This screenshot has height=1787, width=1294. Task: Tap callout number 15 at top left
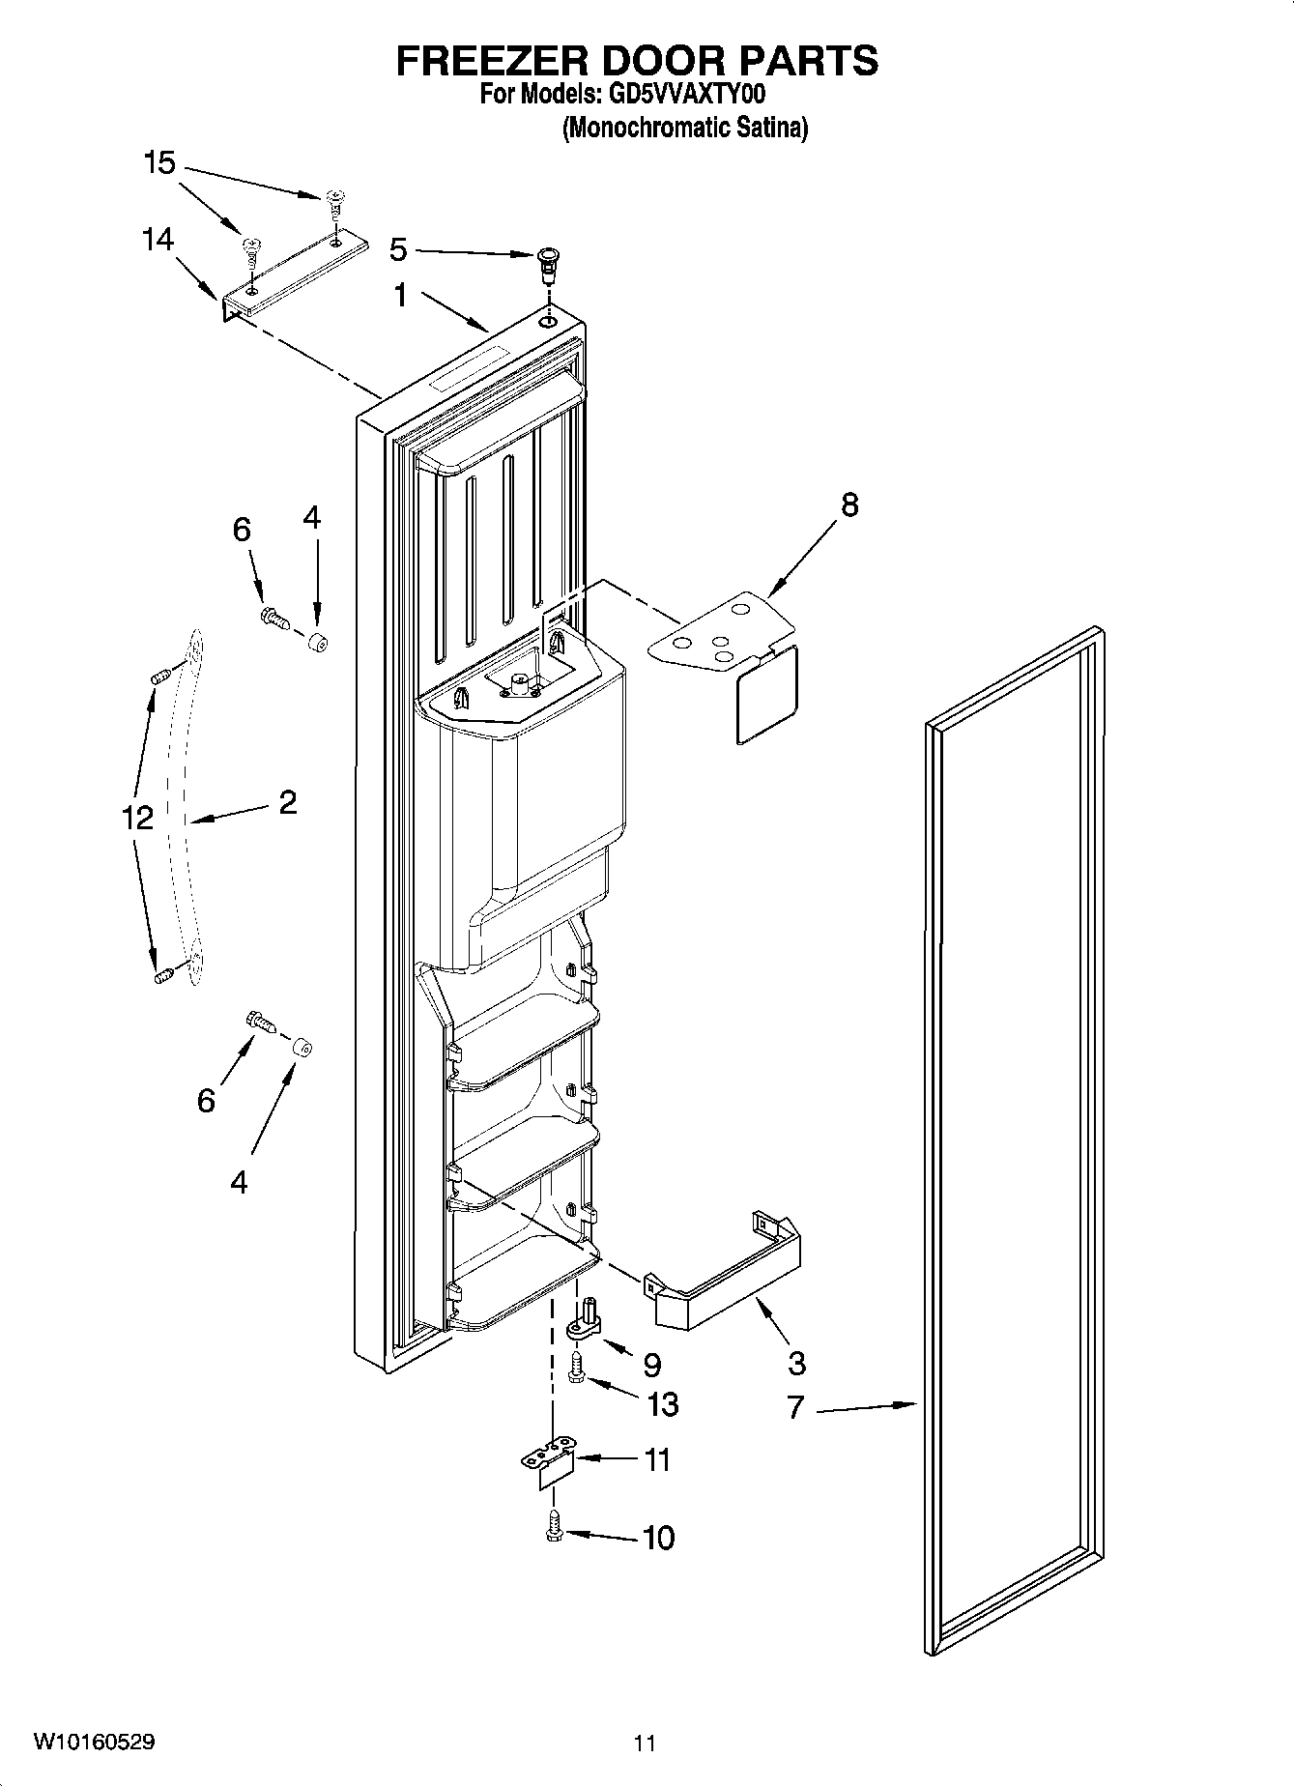[x=159, y=162]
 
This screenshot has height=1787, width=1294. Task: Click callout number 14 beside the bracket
[x=158, y=239]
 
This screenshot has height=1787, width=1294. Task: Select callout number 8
[x=848, y=504]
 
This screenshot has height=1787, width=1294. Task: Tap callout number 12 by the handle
[x=137, y=818]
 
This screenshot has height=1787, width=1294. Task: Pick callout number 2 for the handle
[x=287, y=801]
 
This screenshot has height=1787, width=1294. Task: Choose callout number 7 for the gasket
[x=794, y=1407]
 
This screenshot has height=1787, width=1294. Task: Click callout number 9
[x=651, y=1365]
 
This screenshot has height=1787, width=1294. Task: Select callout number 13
[x=663, y=1403]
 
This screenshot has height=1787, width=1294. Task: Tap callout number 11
[x=657, y=1459]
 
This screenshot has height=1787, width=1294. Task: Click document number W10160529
[x=94, y=1743]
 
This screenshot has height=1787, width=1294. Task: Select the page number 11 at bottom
[x=645, y=1744]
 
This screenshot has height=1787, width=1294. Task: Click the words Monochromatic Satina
[x=684, y=128]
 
